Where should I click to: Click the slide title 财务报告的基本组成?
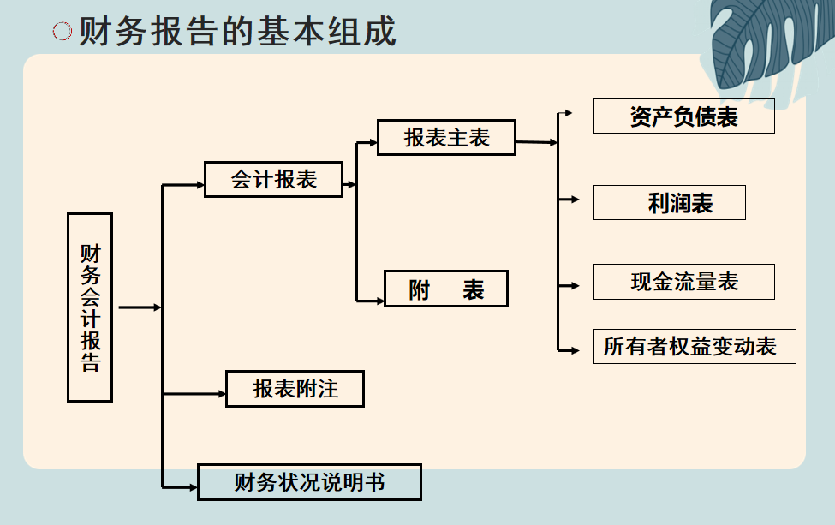[237, 32]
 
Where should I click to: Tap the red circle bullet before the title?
[63, 32]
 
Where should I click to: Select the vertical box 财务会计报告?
[90, 307]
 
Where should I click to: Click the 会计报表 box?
[273, 179]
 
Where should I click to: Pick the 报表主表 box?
[446, 137]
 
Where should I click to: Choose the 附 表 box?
[446, 289]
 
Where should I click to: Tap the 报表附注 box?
[295, 389]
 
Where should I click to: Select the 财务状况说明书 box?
[309, 482]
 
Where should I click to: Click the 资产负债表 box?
[683, 116]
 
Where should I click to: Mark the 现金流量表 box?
[683, 282]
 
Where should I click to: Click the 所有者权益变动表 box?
[694, 346]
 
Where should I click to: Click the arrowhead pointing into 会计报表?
[199, 184]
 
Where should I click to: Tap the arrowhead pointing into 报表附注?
[220, 394]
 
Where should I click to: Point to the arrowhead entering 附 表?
[379, 301]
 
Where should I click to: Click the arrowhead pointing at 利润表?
[575, 200]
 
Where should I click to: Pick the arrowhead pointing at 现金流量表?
[575, 285]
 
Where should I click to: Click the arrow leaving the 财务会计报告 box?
[141, 307]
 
